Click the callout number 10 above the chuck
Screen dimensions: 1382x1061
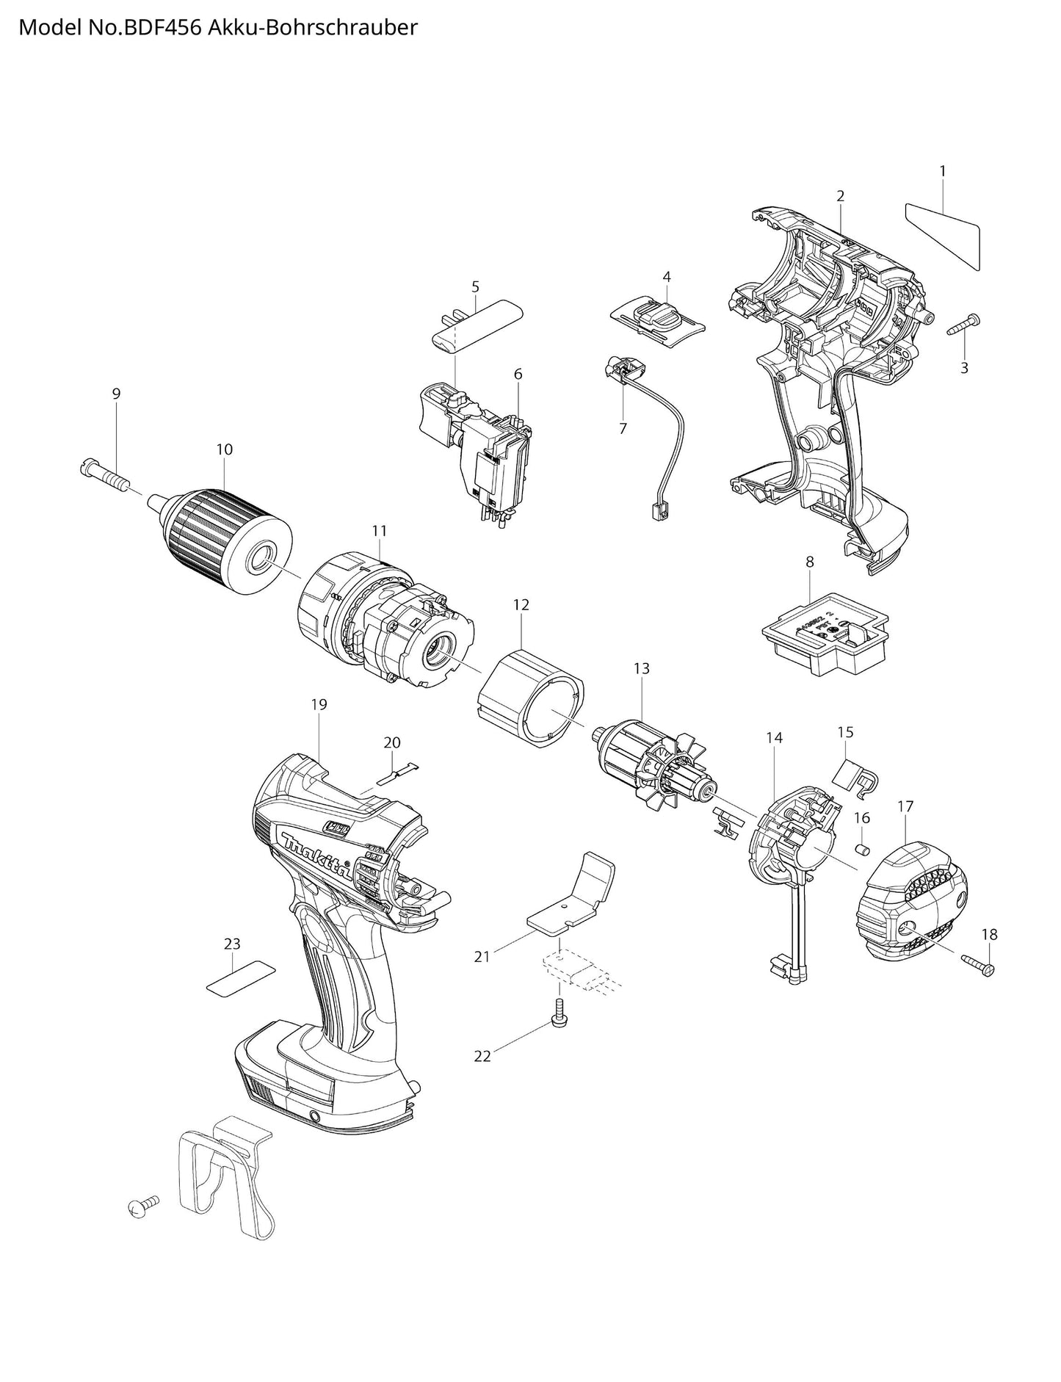(225, 449)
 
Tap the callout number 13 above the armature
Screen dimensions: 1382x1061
(641, 669)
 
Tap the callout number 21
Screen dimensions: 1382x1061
(482, 956)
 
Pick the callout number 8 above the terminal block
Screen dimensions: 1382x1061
(809, 562)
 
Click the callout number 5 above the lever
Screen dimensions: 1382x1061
(475, 286)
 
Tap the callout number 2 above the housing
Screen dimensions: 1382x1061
(840, 196)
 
